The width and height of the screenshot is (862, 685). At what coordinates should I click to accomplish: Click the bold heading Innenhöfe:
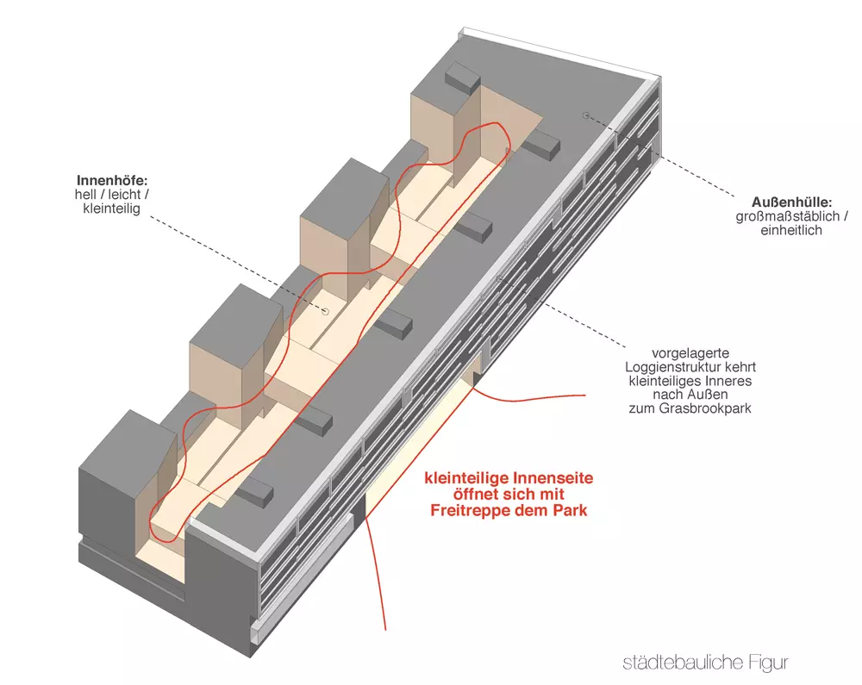(x=112, y=180)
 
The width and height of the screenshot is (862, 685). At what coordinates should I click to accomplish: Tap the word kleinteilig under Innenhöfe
(x=111, y=209)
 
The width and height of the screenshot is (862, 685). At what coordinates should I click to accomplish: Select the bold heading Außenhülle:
(x=791, y=202)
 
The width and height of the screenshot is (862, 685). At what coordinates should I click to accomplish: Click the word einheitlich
(x=791, y=230)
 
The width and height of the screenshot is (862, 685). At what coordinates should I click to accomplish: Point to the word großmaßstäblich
(x=787, y=216)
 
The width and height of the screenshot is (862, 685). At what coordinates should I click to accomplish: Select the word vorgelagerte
(x=690, y=353)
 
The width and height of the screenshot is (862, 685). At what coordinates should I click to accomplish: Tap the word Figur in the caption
(x=769, y=663)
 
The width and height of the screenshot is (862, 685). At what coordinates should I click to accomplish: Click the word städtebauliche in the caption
(x=684, y=663)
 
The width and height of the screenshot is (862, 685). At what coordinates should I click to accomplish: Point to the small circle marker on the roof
(x=586, y=115)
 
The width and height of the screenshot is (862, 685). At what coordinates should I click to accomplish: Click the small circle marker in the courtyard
(x=325, y=311)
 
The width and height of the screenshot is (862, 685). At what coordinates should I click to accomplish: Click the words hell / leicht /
(x=111, y=195)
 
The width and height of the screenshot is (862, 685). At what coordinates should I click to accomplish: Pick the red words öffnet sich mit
(x=509, y=495)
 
